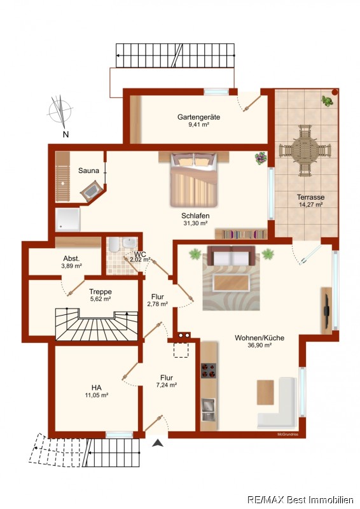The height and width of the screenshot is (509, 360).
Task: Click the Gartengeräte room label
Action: tap(198, 117)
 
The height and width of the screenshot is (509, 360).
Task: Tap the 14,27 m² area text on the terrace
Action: tap(310, 204)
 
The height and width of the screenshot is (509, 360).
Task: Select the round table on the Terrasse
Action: tap(305, 150)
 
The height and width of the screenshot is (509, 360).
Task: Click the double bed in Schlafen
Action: tap(193, 179)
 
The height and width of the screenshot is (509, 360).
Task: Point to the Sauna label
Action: tap(88, 171)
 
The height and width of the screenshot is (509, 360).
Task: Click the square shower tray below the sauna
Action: tap(67, 220)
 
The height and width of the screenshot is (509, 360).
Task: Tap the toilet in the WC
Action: tap(114, 244)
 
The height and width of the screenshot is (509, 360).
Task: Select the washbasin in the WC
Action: tap(130, 242)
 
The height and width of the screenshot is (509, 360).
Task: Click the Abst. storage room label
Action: tap(71, 259)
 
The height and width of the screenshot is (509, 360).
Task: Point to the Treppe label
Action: tap(100, 291)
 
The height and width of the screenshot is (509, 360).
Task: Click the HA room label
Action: tap(97, 387)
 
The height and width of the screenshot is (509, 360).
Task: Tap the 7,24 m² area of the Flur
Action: tap(166, 385)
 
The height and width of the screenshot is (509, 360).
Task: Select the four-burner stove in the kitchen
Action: tap(209, 370)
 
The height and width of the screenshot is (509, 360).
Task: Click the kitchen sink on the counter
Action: tap(209, 409)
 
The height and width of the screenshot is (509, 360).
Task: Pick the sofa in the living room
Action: tap(231, 255)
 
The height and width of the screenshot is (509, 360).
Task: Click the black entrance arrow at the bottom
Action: tap(158, 442)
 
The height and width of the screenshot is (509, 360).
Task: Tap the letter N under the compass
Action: tap(66, 134)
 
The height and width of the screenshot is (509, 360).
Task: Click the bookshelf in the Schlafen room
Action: tap(241, 234)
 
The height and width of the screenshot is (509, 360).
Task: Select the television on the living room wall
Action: tap(326, 310)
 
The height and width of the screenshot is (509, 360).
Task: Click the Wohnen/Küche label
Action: tap(260, 338)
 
